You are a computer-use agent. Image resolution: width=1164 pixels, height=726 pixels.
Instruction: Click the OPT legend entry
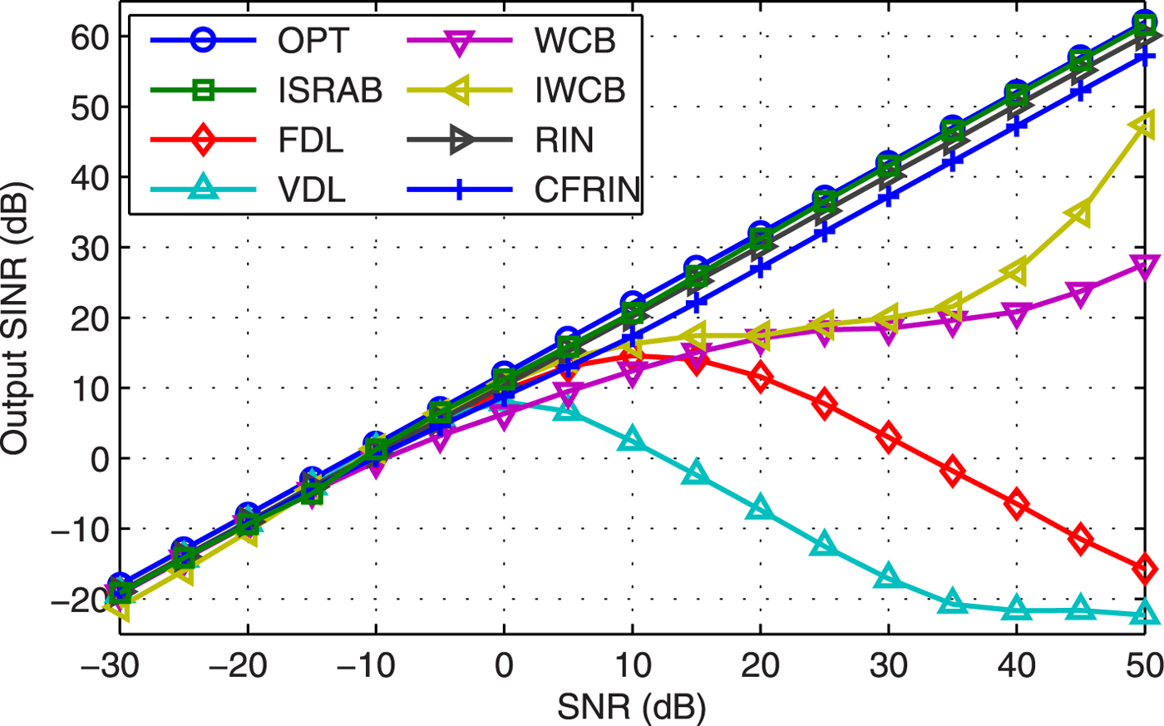click(x=313, y=40)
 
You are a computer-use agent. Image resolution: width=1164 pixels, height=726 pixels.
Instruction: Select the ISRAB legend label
click(x=330, y=91)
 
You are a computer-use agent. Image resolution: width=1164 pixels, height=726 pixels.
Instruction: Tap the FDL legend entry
click(x=311, y=141)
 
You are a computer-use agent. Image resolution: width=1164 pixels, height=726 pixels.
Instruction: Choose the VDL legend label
click(x=311, y=190)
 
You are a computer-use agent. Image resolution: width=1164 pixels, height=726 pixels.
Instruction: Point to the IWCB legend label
click(x=580, y=91)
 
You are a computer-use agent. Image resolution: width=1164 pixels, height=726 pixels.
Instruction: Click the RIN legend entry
click(x=565, y=141)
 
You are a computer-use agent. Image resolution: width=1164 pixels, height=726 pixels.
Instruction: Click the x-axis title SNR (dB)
click(x=631, y=708)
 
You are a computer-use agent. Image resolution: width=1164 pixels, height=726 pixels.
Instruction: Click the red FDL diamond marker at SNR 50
click(x=1145, y=570)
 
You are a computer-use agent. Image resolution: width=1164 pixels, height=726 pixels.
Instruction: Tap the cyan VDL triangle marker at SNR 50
click(x=1145, y=614)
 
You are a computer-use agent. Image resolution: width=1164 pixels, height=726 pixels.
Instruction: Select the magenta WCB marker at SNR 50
click(x=1145, y=267)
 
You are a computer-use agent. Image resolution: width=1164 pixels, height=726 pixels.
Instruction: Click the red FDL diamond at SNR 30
click(x=889, y=437)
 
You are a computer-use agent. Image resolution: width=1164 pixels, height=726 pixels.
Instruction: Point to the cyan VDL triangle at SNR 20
click(x=760, y=508)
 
